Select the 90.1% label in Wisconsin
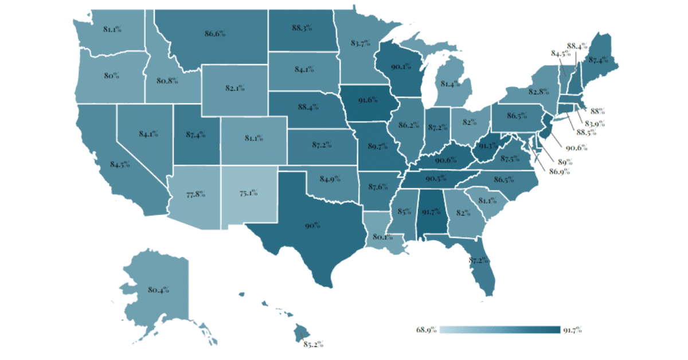click(x=399, y=66)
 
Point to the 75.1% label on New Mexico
click(x=249, y=193)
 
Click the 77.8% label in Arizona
click(x=195, y=194)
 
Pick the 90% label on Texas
click(x=312, y=226)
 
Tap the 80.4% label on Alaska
click(x=158, y=290)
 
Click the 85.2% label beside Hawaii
click(x=313, y=344)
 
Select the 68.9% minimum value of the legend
click(x=426, y=330)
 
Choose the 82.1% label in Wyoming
click(x=234, y=88)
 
